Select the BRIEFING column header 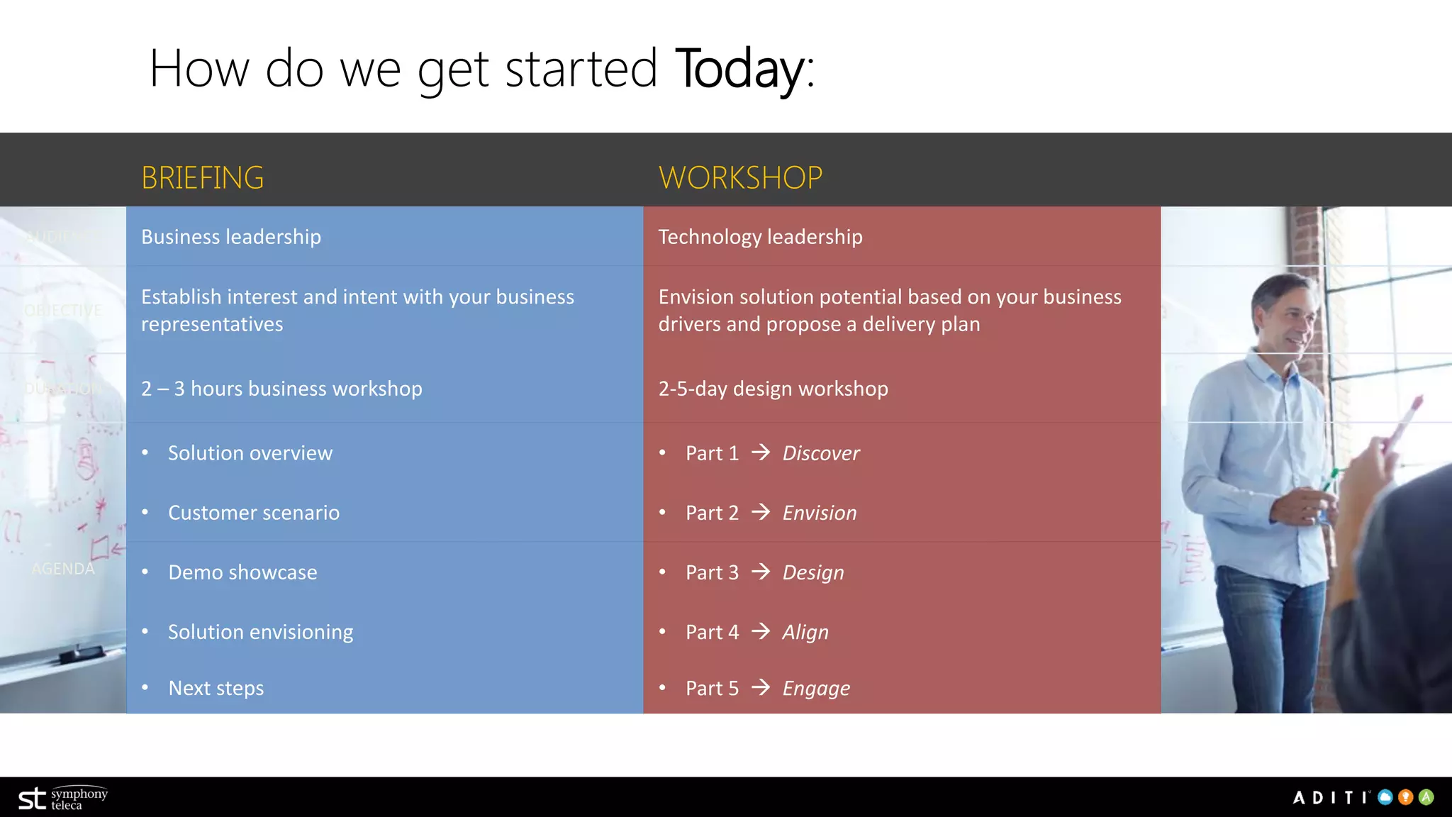(x=202, y=177)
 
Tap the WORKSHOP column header (x=740, y=177)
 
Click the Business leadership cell (x=231, y=237)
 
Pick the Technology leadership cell (x=760, y=237)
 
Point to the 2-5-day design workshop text (x=773, y=389)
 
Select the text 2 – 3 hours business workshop (x=281, y=389)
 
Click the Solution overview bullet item (x=250, y=453)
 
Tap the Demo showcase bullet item (x=242, y=572)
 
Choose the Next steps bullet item (x=216, y=688)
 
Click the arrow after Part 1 (x=761, y=452)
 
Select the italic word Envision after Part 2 (x=820, y=513)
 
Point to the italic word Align (x=805, y=632)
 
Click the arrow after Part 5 (x=761, y=687)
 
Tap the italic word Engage (x=816, y=689)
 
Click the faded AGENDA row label (x=63, y=569)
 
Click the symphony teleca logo (x=62, y=799)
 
